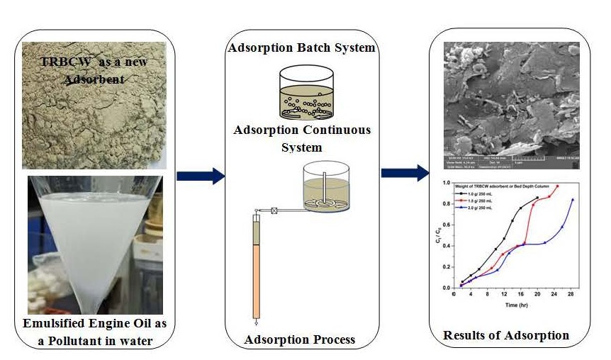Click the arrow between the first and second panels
tap(200, 176)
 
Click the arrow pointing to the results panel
tap(405, 173)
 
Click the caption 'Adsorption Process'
tap(300, 339)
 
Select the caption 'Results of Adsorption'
tap(506, 334)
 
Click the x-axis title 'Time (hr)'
tap(515, 305)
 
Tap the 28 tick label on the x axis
tap(571, 294)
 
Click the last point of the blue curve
tap(573, 200)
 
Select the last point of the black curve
tap(537, 197)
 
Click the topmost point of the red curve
tap(558, 186)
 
